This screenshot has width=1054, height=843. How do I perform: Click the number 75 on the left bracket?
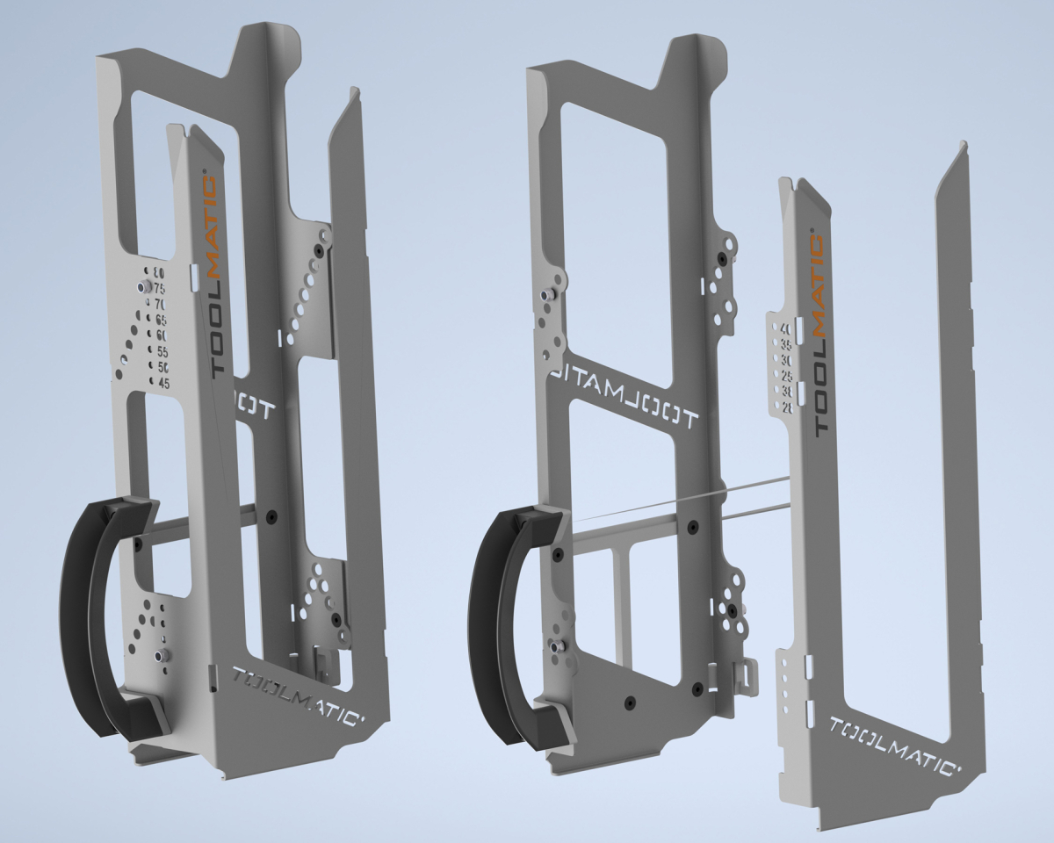point(161,287)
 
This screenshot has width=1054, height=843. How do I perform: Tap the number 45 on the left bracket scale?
point(163,383)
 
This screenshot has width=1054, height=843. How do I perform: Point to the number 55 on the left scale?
point(162,351)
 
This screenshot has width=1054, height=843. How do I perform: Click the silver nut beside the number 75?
point(141,287)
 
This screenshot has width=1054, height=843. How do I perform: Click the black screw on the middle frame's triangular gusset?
point(629,702)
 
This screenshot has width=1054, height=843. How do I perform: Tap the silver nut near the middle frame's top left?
point(547,296)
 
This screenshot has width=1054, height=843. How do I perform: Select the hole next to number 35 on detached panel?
point(775,344)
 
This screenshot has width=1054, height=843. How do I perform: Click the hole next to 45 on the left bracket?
point(152,384)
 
